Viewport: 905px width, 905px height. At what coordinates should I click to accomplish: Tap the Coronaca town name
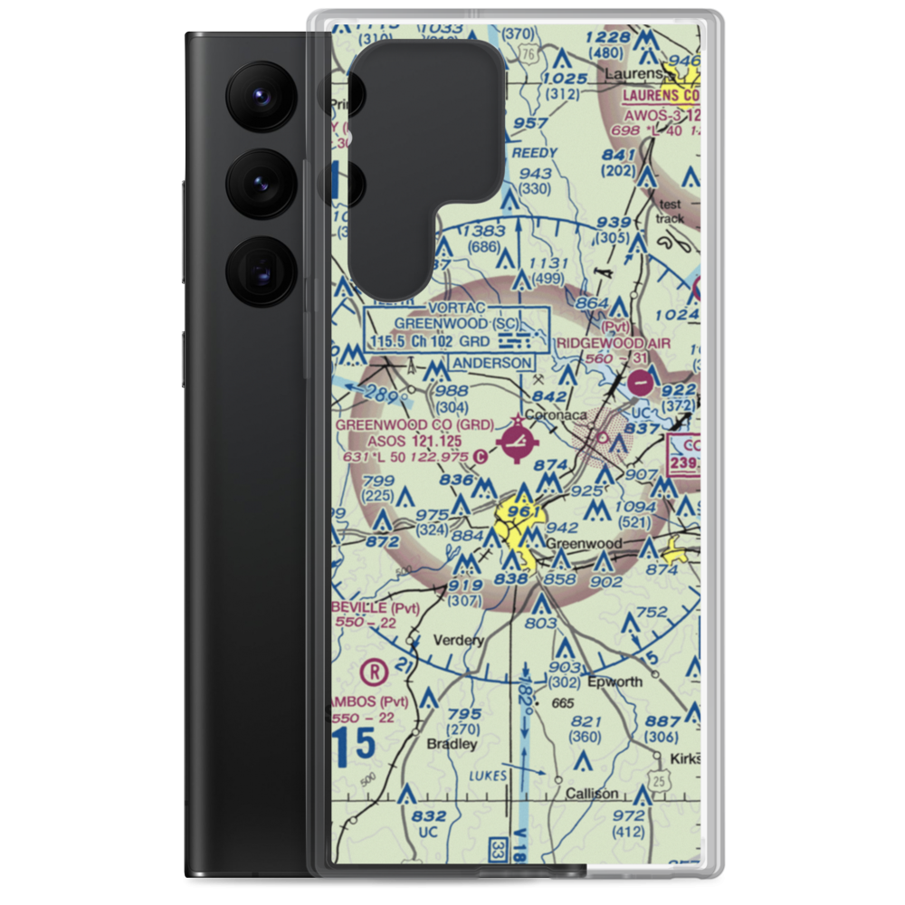[557, 415]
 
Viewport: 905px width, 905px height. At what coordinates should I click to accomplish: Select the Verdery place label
[459, 640]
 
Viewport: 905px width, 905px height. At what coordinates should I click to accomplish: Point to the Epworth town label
[614, 681]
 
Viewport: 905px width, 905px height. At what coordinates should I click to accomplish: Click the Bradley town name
[452, 744]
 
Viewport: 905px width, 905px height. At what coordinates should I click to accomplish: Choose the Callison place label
[592, 794]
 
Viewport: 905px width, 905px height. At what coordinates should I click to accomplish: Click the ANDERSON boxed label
[491, 363]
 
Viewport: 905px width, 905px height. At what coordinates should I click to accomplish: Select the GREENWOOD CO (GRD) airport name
[414, 424]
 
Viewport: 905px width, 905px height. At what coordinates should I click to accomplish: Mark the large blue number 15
[353, 745]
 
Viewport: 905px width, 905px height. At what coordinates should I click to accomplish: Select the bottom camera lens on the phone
[259, 269]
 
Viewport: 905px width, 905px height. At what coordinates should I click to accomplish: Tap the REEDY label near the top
[534, 153]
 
